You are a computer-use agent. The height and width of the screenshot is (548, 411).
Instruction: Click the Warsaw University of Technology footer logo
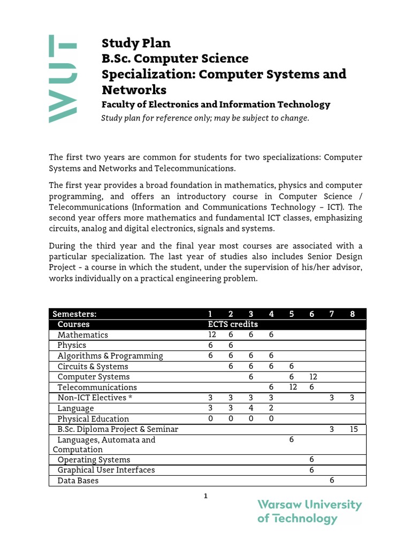coord(309,511)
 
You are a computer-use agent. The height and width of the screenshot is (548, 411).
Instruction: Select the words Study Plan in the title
coord(136,43)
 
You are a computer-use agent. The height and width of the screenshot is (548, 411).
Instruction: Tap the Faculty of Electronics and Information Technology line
coord(216,104)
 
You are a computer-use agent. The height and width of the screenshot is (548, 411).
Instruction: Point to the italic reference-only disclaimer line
coord(205,118)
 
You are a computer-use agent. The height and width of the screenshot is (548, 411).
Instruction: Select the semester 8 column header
coord(352,314)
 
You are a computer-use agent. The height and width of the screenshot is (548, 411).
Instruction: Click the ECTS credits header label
coord(233,324)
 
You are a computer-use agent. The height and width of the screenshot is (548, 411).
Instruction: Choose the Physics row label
coord(72,345)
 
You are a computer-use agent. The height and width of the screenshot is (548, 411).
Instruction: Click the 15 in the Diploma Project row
coord(353,429)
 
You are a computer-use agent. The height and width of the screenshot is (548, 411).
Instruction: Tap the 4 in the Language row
coord(250,408)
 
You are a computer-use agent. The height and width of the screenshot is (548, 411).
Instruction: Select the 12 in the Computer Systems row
coord(311,377)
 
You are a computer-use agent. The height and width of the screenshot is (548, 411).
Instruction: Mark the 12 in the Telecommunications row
coord(292,387)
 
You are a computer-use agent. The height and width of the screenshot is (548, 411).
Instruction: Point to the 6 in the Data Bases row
coord(332,481)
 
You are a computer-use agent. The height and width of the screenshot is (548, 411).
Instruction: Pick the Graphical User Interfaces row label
coord(106,470)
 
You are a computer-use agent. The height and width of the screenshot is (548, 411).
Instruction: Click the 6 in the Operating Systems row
coord(311,460)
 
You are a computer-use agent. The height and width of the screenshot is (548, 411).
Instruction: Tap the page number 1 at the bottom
coord(205,496)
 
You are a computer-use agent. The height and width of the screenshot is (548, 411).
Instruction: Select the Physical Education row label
coord(93,419)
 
